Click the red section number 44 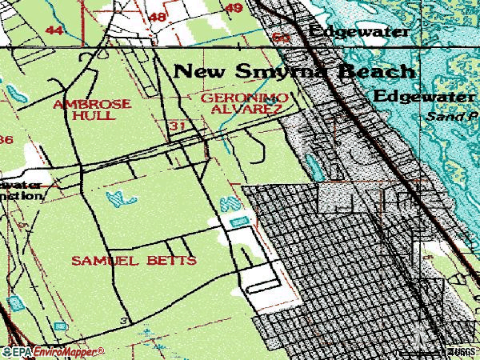pyautogui.click(x=54, y=30)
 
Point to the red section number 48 pyautogui.click(x=158, y=16)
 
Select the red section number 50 pyautogui.click(x=280, y=37)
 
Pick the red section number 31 pyautogui.click(x=178, y=126)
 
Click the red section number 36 pyautogui.click(x=6, y=140)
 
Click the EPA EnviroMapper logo pyautogui.click(x=53, y=350)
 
